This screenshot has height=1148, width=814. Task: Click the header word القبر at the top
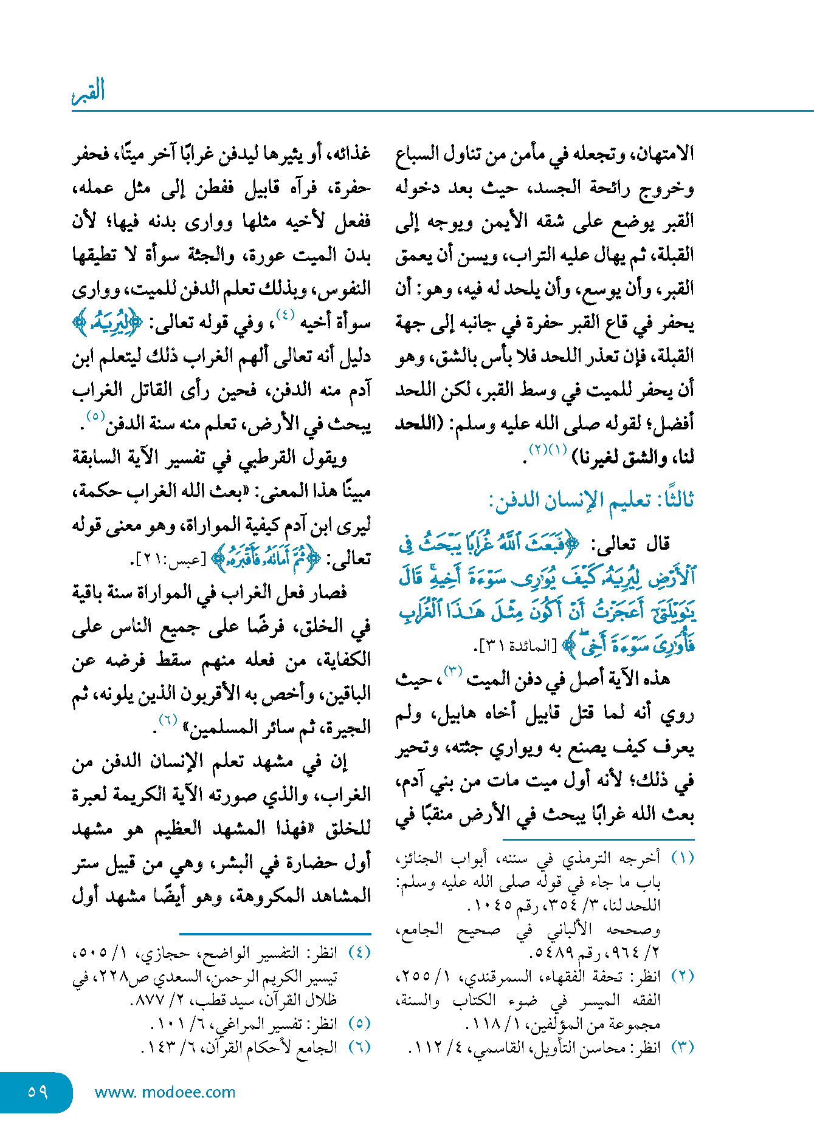click(88, 91)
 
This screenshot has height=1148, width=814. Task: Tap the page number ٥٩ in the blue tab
click(38, 1092)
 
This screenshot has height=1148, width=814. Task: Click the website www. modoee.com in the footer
click(165, 1092)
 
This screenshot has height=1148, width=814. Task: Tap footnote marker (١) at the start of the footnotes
click(682, 858)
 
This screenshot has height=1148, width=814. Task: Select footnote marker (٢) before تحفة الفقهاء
click(682, 976)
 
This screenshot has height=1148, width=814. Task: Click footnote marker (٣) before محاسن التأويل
click(682, 1047)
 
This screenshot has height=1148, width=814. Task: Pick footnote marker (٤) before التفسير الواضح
click(359, 952)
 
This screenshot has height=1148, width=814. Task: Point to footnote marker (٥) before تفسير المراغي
click(359, 1023)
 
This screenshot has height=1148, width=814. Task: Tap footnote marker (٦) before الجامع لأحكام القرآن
click(359, 1047)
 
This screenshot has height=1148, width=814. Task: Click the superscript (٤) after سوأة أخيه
click(285, 315)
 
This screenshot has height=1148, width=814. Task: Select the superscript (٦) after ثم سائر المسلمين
click(168, 720)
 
